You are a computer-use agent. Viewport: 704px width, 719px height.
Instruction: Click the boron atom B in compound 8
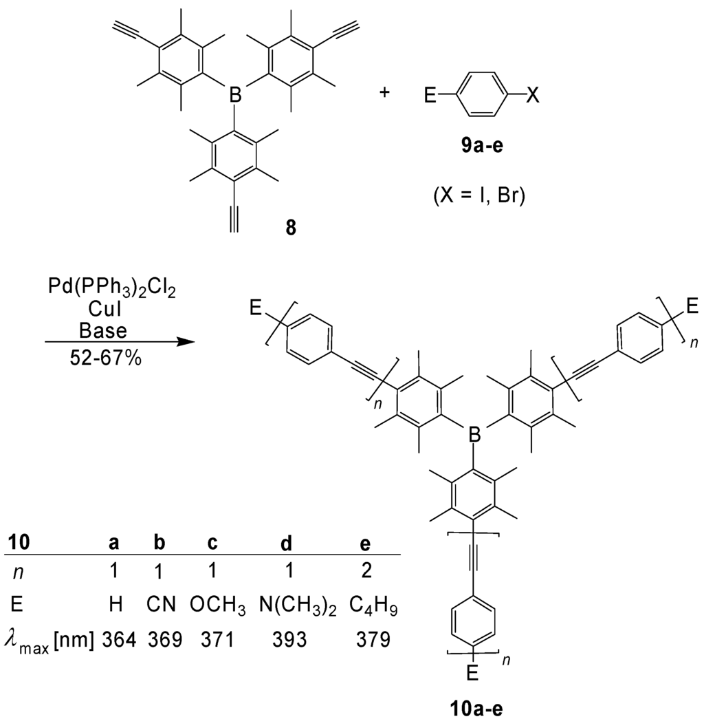[x=234, y=109]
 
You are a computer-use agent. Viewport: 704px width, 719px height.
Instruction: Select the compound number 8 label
[x=291, y=228]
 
